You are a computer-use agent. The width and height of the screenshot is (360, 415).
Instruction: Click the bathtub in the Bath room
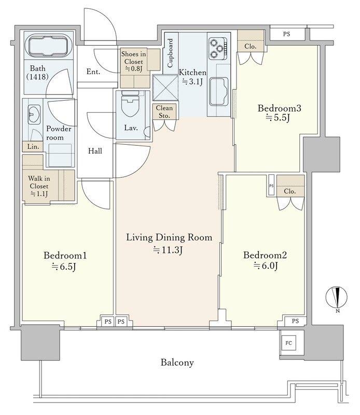click(x=48, y=47)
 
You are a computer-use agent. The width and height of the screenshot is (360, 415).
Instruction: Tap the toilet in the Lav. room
click(x=130, y=104)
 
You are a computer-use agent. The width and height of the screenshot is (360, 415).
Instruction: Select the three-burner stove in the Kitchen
click(x=218, y=48)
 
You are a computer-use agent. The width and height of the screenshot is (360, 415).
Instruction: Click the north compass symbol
click(x=337, y=298)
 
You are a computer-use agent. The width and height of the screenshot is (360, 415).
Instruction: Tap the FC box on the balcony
click(x=288, y=343)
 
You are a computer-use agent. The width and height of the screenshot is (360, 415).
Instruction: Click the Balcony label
click(x=177, y=362)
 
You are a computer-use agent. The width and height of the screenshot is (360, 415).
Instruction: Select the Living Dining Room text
click(x=169, y=237)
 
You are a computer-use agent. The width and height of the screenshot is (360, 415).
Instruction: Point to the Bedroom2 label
click(x=265, y=255)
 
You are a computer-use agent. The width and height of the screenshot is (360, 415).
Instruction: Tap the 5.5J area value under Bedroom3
click(x=278, y=118)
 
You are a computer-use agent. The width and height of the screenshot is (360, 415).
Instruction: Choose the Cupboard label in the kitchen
click(x=170, y=53)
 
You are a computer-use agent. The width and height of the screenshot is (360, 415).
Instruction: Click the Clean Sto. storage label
click(x=164, y=112)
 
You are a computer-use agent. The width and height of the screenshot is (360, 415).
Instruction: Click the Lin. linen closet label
click(x=33, y=146)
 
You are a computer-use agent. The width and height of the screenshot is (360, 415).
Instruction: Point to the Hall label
click(x=95, y=151)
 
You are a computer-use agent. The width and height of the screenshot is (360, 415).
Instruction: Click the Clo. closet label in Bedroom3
click(x=251, y=46)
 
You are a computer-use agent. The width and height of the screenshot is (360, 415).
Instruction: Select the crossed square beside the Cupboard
click(x=165, y=88)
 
